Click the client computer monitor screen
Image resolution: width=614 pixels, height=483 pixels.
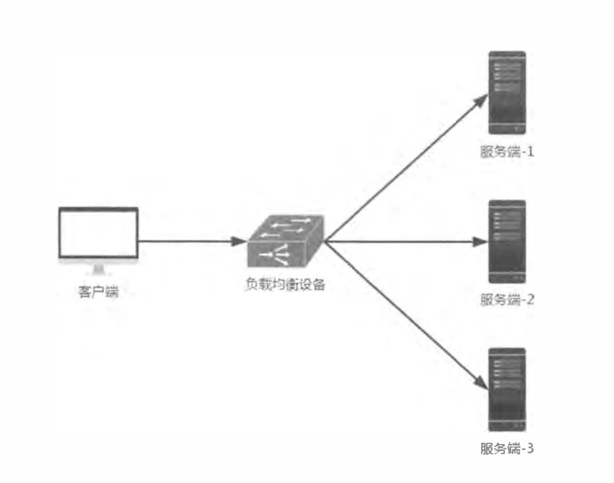coord(98,232)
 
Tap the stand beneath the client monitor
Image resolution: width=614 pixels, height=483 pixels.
coord(99,269)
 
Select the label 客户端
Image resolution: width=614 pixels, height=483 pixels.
coord(99,291)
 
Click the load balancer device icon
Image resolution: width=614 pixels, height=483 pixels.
coord(285,241)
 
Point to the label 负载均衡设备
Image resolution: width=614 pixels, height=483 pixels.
coord(285,284)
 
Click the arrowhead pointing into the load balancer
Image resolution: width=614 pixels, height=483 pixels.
coord(239,241)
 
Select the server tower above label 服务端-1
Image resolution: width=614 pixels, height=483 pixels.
coord(507,93)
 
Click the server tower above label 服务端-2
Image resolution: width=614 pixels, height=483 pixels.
coord(507,241)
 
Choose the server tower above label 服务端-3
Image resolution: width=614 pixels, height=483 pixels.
coord(507,390)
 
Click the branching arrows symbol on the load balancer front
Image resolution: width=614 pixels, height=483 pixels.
coord(275,254)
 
